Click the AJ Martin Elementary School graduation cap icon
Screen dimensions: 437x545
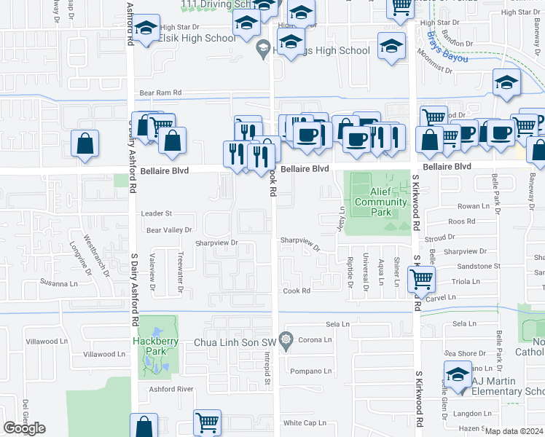(x=458, y=374)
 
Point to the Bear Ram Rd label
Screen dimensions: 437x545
(x=160, y=93)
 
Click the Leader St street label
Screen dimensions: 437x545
(x=156, y=213)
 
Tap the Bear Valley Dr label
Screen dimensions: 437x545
(x=169, y=230)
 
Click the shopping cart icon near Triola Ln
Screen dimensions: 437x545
(x=422, y=277)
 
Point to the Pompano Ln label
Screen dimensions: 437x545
(x=310, y=371)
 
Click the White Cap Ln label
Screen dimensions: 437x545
(x=305, y=423)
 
